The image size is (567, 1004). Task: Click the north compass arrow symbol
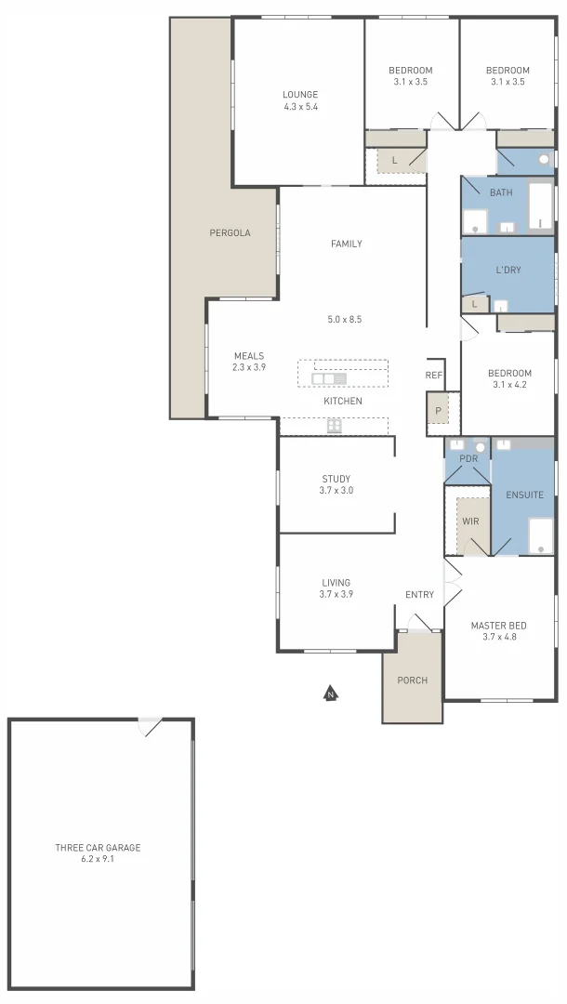pos(329,693)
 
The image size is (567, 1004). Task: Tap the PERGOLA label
pos(230,232)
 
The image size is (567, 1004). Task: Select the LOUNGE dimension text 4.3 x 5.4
pos(300,107)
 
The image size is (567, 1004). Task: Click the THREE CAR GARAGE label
pos(98,847)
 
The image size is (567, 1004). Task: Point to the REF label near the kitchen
pos(434,376)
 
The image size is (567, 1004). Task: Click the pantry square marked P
pos(436,410)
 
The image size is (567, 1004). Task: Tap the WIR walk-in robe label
pos(470,522)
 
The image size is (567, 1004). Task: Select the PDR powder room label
pos(468,459)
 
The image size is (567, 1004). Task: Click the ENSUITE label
pos(524,495)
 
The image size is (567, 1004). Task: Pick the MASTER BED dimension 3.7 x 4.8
pos(499,638)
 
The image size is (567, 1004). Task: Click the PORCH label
pos(413,680)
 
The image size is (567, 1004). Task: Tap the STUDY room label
pos(336,479)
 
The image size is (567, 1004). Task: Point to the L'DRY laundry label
pos(508,270)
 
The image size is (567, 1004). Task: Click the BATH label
pos(501,192)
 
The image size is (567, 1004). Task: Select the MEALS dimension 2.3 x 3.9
pos(249,367)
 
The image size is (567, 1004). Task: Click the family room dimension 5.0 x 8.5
pos(344,320)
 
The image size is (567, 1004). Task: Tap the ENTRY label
pos(420,595)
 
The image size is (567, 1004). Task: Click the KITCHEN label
pos(342,401)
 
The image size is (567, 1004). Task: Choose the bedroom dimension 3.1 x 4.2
pos(509,384)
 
